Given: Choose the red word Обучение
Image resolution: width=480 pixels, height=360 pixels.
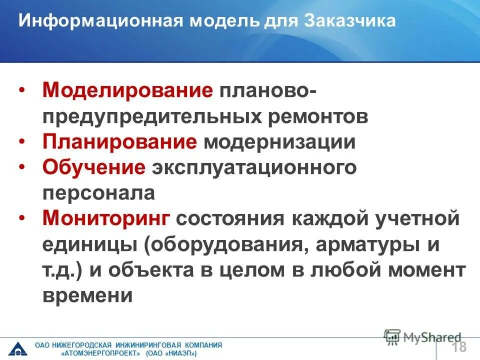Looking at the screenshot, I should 94,167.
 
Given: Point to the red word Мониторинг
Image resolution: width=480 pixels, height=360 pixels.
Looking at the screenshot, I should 107,219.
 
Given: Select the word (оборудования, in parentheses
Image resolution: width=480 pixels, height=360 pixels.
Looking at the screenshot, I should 225,245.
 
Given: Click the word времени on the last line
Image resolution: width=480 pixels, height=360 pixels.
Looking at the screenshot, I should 87,296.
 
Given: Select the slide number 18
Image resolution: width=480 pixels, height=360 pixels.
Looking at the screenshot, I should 459,347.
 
